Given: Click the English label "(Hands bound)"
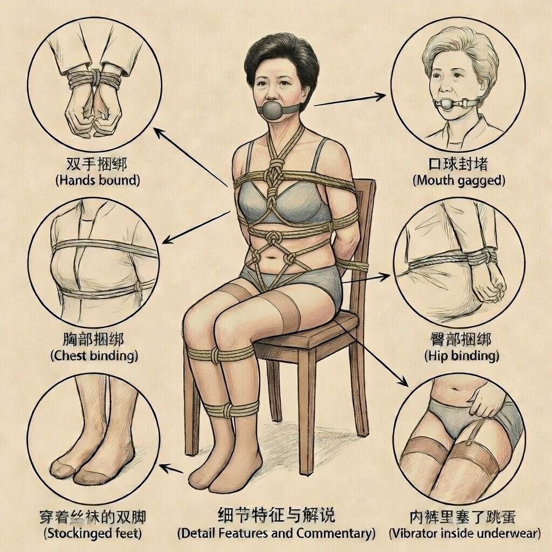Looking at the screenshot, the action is [x=98, y=180].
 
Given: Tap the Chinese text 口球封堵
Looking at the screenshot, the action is [x=458, y=164].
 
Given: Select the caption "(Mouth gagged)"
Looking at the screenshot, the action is [x=459, y=181].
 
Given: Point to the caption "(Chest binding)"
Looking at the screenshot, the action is [x=94, y=356].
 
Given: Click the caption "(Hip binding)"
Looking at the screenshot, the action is [x=461, y=356].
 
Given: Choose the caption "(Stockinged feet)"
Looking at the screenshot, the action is [x=93, y=533].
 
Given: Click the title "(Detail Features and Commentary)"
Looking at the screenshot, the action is [x=277, y=533].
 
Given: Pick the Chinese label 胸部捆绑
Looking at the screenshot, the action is [x=93, y=339].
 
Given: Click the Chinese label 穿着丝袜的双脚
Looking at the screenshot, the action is [x=92, y=517].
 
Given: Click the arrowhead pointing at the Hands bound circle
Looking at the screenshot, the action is [x=158, y=133].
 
